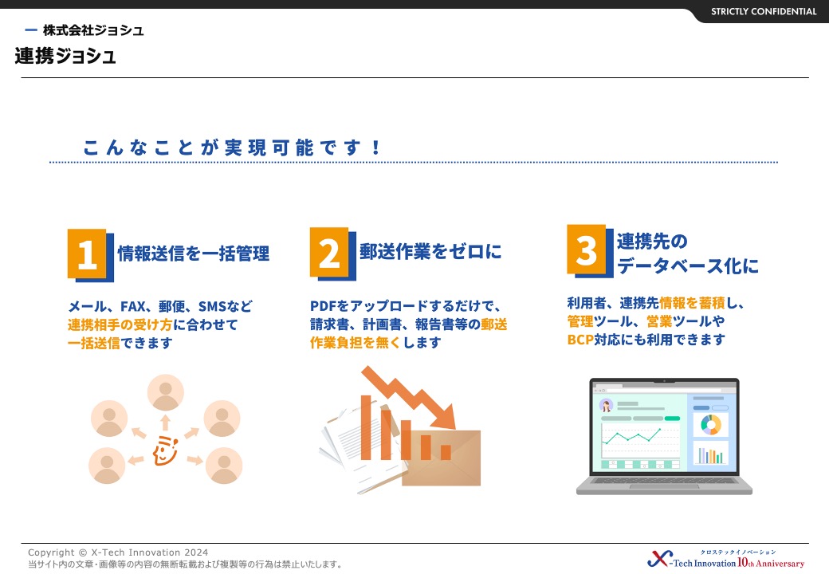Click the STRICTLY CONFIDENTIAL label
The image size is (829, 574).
click(x=764, y=11)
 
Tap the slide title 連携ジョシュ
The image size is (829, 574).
click(x=65, y=56)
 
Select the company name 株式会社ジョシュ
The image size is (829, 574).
click(x=93, y=30)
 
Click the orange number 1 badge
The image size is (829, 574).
click(x=87, y=254)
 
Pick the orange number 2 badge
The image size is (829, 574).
click(x=329, y=252)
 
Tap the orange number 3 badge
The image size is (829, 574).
click(x=587, y=249)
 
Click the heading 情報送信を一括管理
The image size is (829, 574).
click(x=194, y=254)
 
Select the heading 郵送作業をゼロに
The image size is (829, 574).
click(x=430, y=252)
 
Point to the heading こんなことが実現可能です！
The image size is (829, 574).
click(x=232, y=147)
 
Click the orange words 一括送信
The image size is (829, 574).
click(x=94, y=343)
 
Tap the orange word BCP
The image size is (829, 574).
click(x=580, y=340)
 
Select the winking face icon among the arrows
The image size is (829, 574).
click(x=165, y=450)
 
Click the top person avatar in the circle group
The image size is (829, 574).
click(x=166, y=393)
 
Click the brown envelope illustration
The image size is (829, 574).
click(x=441, y=458)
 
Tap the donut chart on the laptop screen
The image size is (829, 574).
click(x=710, y=424)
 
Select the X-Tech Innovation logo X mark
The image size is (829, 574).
click(x=659, y=559)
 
